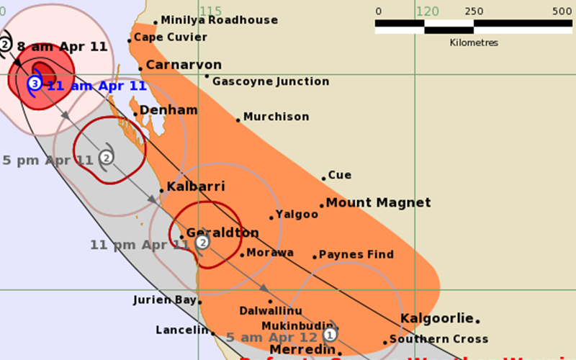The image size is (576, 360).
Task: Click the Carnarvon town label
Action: click(184, 66)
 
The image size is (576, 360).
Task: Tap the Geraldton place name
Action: click(222, 233)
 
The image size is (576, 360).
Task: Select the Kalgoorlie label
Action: click(436, 318)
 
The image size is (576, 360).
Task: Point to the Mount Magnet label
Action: click(378, 203)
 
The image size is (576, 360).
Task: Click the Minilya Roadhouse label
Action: click(219, 21)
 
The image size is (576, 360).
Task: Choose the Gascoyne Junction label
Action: click(270, 81)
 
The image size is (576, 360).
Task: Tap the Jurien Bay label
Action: click(165, 300)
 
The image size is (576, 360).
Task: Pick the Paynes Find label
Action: click(356, 255)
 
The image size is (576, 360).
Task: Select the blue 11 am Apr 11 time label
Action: click(96, 86)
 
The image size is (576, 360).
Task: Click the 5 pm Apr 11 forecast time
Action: click(48, 160)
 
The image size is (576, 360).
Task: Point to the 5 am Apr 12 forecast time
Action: click(271, 337)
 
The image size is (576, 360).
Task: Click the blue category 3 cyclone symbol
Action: click(34, 84)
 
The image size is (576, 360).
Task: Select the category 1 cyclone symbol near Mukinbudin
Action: click(330, 334)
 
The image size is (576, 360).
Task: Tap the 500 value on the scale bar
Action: click(562, 12)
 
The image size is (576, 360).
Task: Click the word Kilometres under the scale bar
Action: click(473, 43)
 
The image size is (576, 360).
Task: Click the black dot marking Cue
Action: click(324, 177)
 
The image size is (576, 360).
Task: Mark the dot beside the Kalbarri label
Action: click(161, 190)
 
